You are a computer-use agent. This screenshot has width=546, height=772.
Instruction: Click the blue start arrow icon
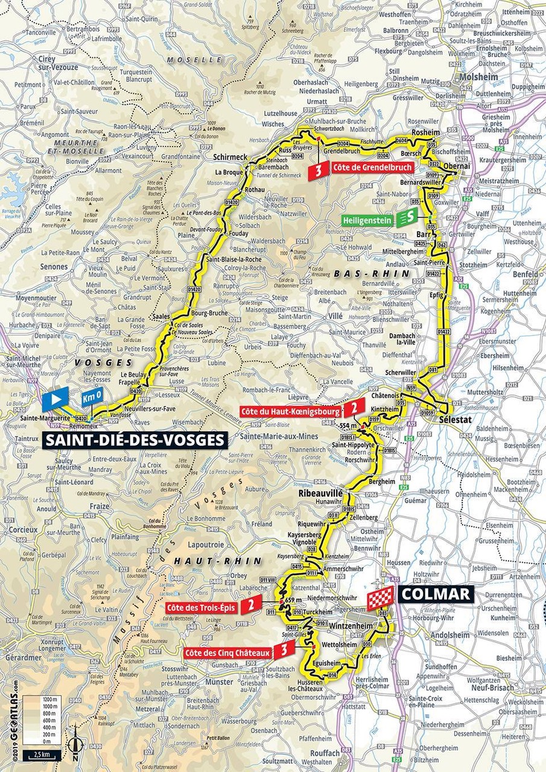(56, 399)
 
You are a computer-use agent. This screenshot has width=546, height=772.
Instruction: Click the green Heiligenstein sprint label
(364, 220)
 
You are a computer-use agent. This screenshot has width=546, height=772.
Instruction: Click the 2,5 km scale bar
(40, 755)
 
